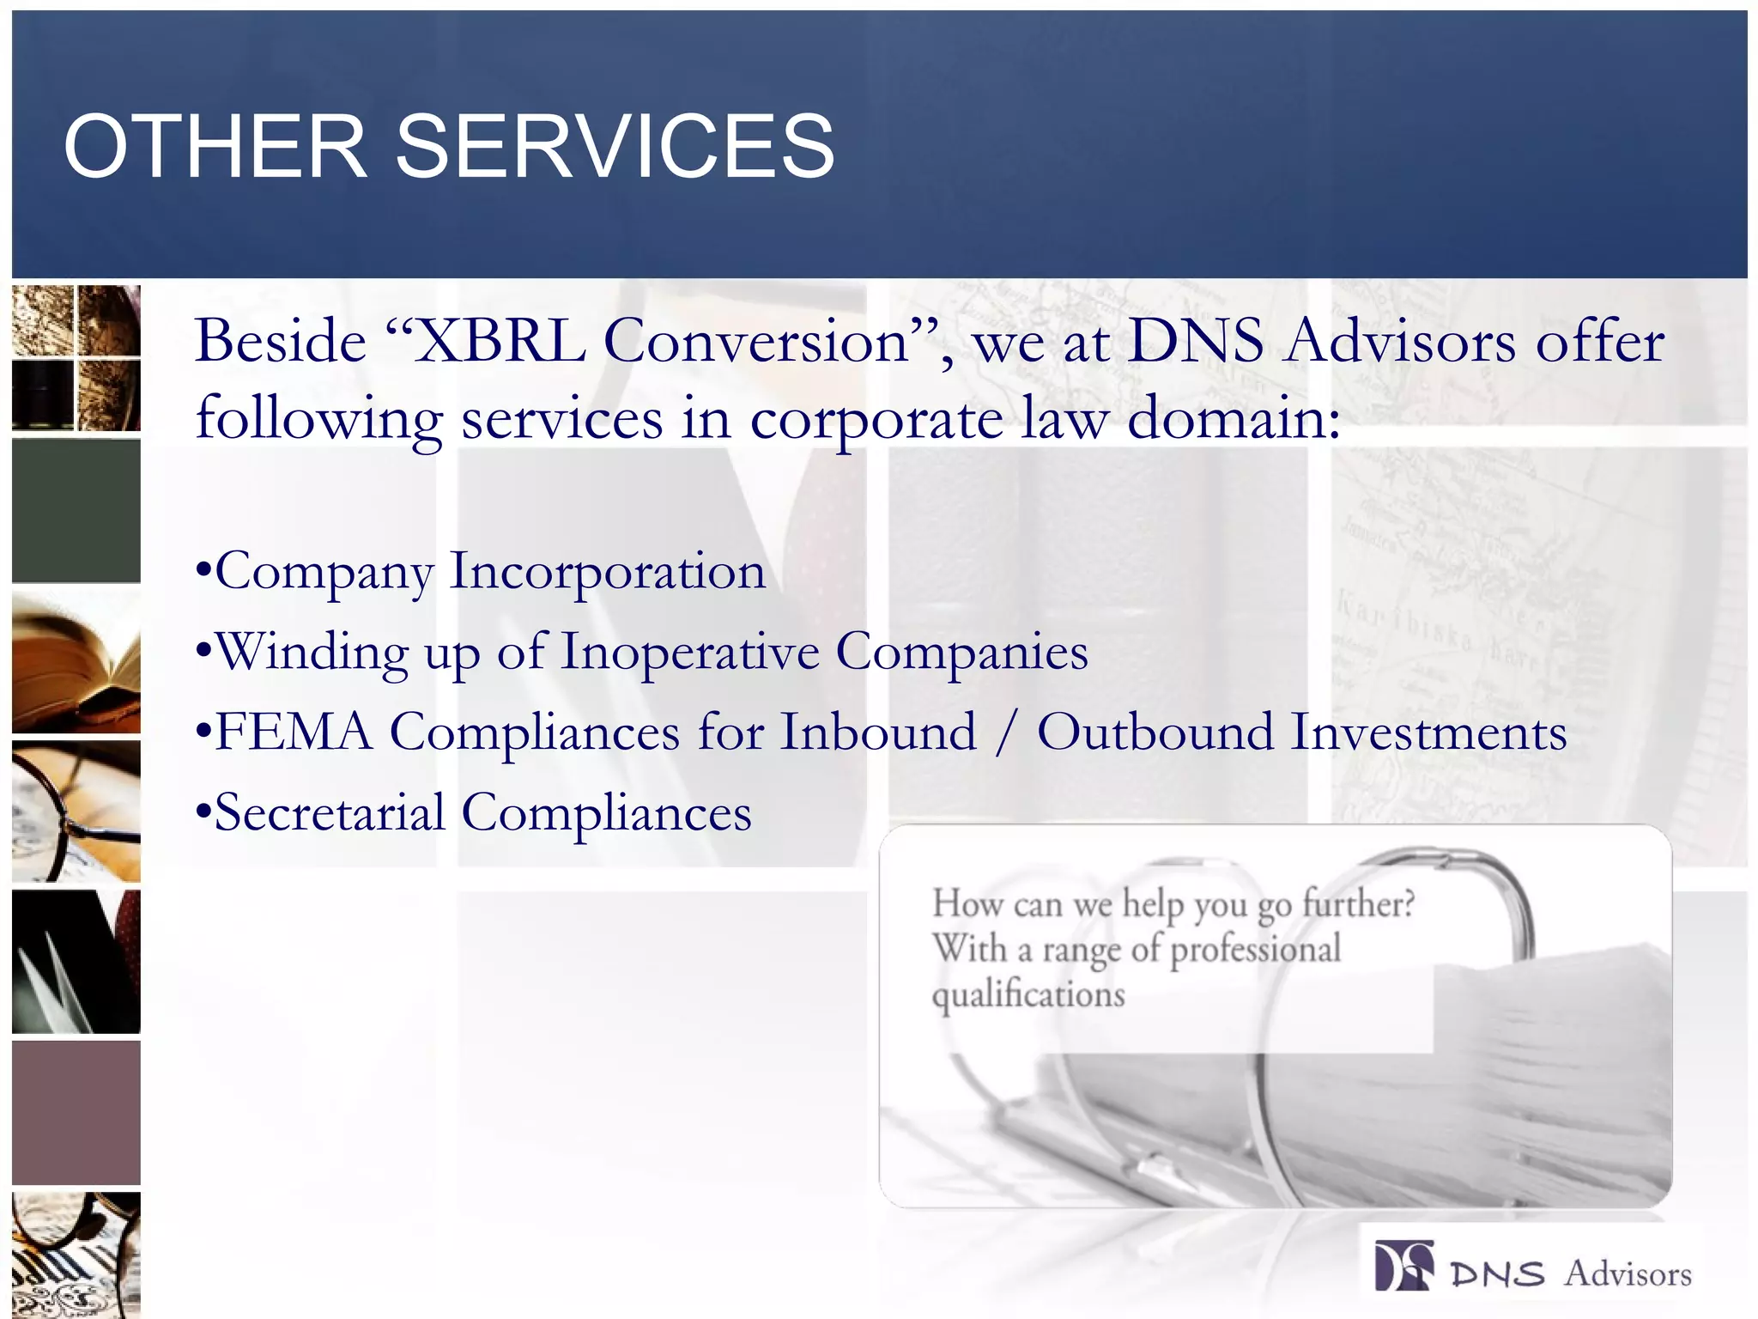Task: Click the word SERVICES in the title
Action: [x=615, y=147]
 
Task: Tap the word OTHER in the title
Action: [x=215, y=147]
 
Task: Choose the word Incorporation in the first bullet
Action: [x=607, y=571]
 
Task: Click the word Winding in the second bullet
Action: [x=312, y=653]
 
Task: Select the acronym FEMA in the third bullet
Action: [x=294, y=732]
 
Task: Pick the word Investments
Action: [x=1428, y=732]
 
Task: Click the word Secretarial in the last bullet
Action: [x=330, y=812]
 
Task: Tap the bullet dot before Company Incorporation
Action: [x=203, y=570]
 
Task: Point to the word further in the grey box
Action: [x=1356, y=903]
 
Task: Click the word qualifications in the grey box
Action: [x=1028, y=995]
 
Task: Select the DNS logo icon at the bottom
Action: [x=1403, y=1266]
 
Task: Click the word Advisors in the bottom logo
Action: [x=1627, y=1273]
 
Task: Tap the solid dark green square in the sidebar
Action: [x=76, y=511]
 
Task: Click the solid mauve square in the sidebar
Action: [x=76, y=1112]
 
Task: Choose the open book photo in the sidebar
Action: [x=76, y=661]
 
